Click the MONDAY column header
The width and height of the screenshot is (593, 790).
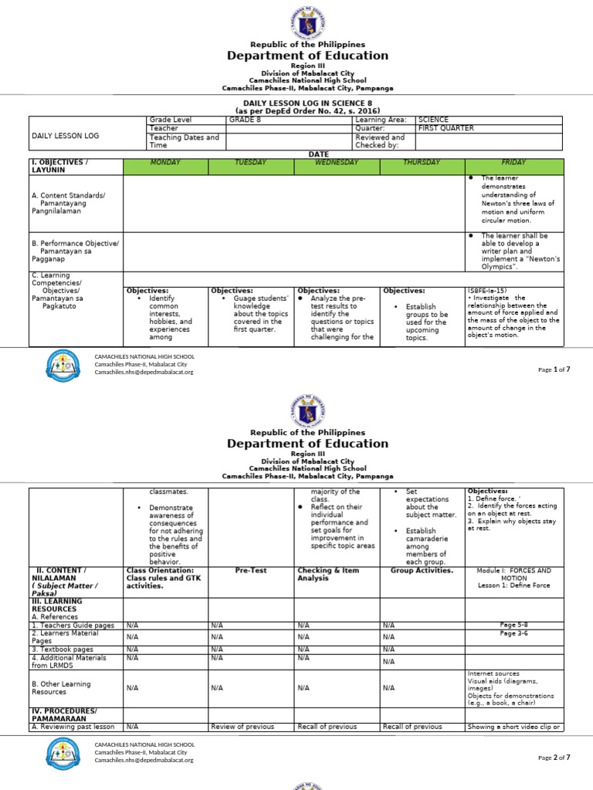(165, 163)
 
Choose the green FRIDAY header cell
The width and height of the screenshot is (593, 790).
(513, 163)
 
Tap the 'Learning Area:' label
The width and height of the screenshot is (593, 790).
(381, 120)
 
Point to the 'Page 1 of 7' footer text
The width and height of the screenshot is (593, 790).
(554, 370)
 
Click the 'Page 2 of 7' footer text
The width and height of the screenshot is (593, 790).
(554, 758)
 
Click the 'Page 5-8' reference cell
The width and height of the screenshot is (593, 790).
(513, 624)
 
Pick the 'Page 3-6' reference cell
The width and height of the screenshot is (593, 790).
(513, 633)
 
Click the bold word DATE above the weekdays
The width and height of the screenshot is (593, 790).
(319, 154)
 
